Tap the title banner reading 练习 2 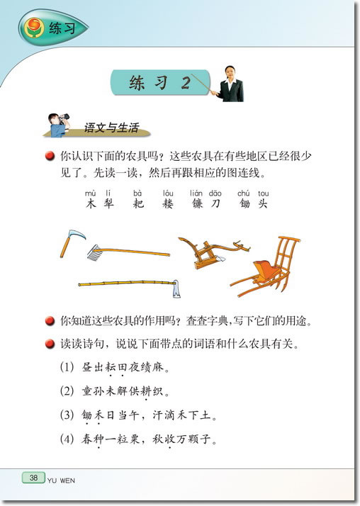(160, 83)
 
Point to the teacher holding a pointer (231, 84)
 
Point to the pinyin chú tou (253, 193)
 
